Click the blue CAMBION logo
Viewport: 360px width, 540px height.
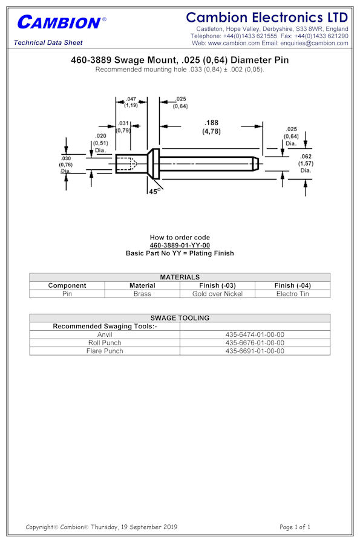tap(62, 22)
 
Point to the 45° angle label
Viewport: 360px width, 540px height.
tap(155, 192)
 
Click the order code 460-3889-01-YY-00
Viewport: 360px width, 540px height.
tap(180, 245)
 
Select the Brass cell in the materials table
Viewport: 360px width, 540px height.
tap(142, 294)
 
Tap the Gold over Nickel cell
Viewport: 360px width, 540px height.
tap(217, 294)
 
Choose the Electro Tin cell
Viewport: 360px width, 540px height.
tap(292, 294)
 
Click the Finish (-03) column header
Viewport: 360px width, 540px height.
tap(217, 285)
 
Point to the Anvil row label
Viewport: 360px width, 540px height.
tap(105, 334)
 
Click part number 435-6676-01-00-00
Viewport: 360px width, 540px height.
tap(255, 343)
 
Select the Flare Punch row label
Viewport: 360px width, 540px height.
tap(105, 351)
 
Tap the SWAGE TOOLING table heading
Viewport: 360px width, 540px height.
tap(180, 318)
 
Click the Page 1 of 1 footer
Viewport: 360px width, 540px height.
tap(295, 527)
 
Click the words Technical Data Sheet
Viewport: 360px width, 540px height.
tap(48, 42)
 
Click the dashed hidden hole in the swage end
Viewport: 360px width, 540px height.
tap(127, 164)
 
